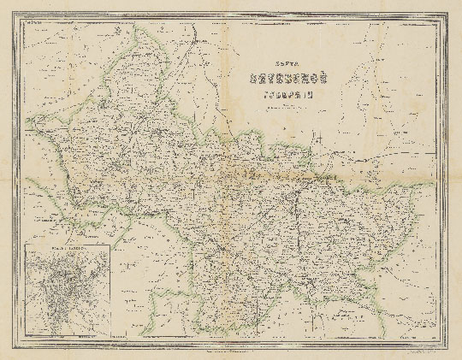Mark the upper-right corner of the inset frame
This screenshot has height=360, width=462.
(113, 243)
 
